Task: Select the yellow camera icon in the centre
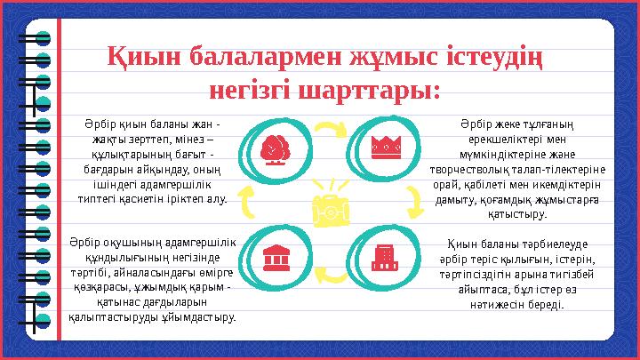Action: (326, 208)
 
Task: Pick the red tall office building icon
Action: (383, 256)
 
